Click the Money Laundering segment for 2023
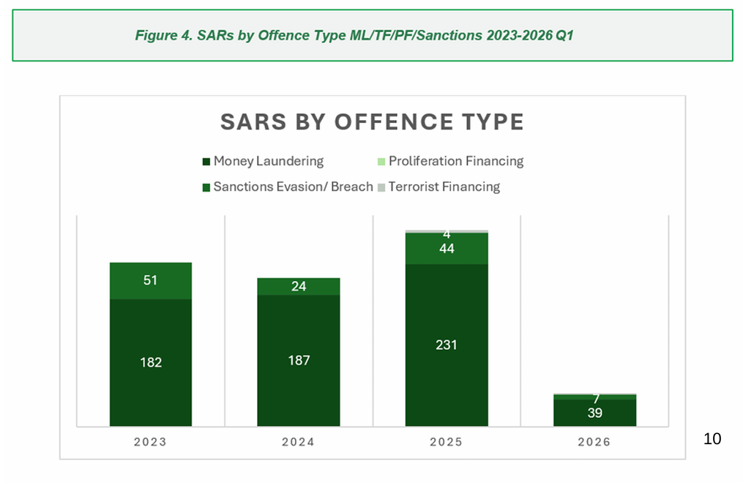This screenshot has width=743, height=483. [x=151, y=363]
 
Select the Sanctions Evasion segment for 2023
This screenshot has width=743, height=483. [x=151, y=281]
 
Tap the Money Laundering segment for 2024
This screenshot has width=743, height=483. [x=299, y=361]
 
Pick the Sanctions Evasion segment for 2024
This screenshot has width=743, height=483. [x=299, y=286]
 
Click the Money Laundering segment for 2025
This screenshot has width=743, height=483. [x=447, y=345]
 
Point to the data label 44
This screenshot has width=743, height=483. [x=447, y=249]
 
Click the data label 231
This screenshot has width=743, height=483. [x=447, y=345]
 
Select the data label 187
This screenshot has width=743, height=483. [x=299, y=360]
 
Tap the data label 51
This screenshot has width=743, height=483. [x=150, y=280]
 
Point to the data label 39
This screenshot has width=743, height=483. [x=594, y=413]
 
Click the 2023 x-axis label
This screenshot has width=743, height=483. [x=150, y=442]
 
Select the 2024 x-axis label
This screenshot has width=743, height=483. [x=298, y=442]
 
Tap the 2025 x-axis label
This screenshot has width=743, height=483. [x=446, y=442]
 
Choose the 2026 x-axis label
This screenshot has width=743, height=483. [x=594, y=442]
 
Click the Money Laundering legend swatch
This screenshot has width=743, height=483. [x=206, y=162]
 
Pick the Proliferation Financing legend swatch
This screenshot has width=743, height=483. [x=381, y=162]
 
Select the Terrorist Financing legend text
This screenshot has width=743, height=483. [x=444, y=187]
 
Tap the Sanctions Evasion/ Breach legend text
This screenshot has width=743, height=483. [x=294, y=187]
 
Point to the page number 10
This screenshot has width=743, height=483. [x=712, y=439]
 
